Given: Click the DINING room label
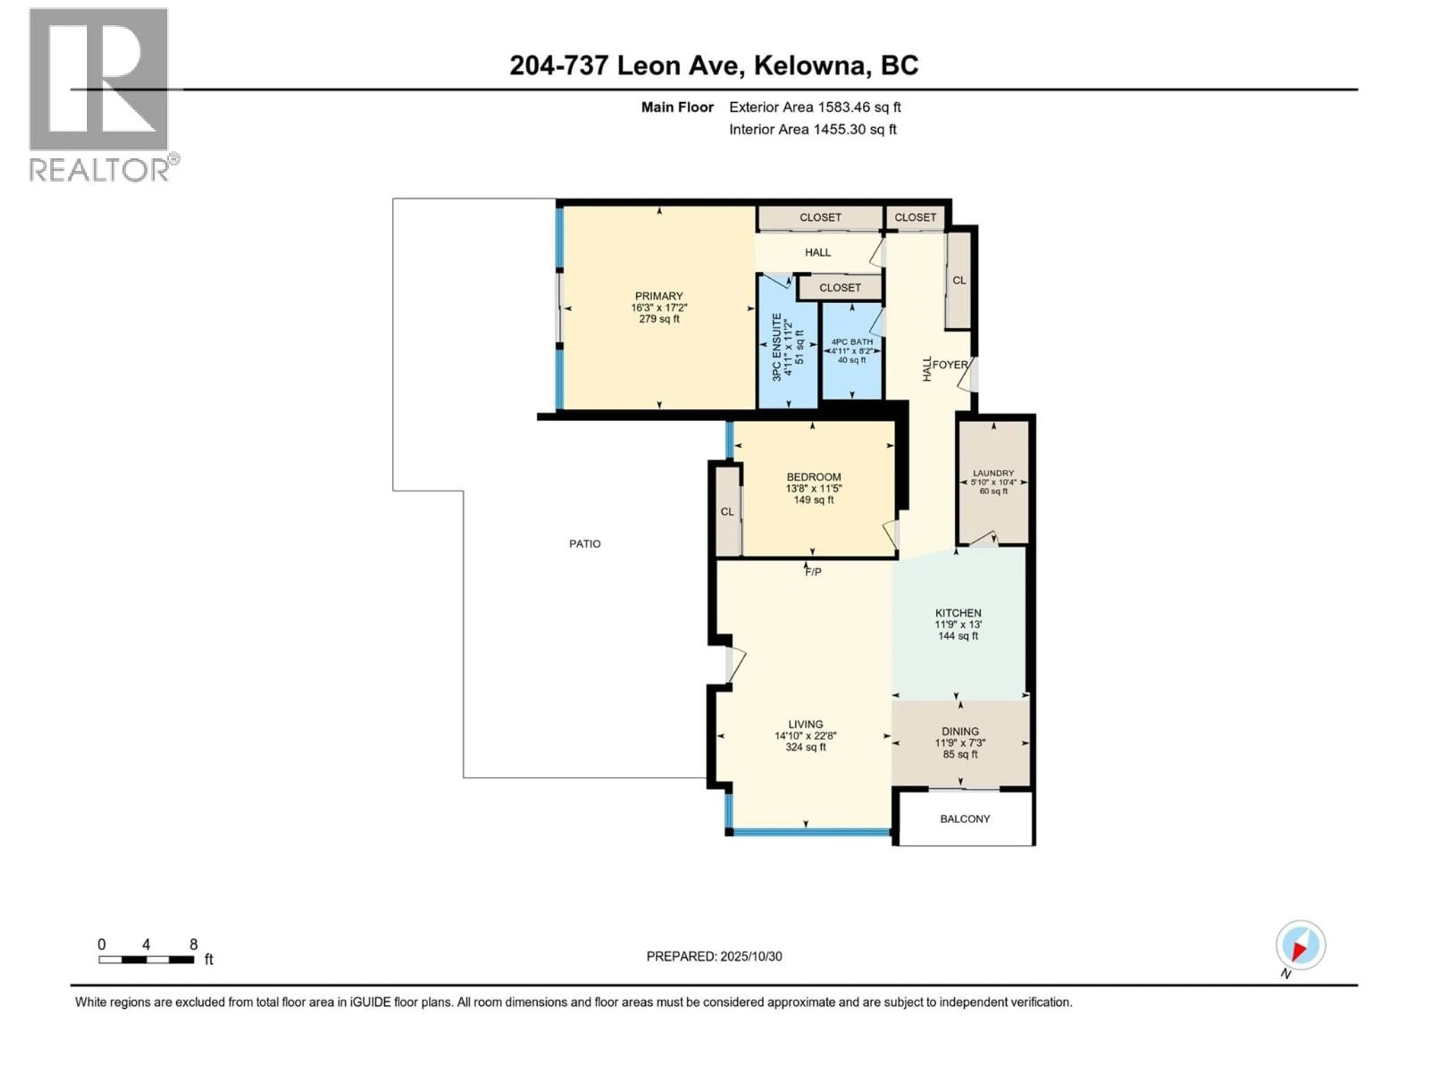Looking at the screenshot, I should [x=960, y=731].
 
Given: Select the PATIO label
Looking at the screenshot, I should [x=585, y=544].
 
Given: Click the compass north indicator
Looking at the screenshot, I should [x=1301, y=946].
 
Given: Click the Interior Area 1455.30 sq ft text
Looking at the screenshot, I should [x=813, y=129].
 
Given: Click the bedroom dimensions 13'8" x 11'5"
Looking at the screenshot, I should [x=813, y=488].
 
